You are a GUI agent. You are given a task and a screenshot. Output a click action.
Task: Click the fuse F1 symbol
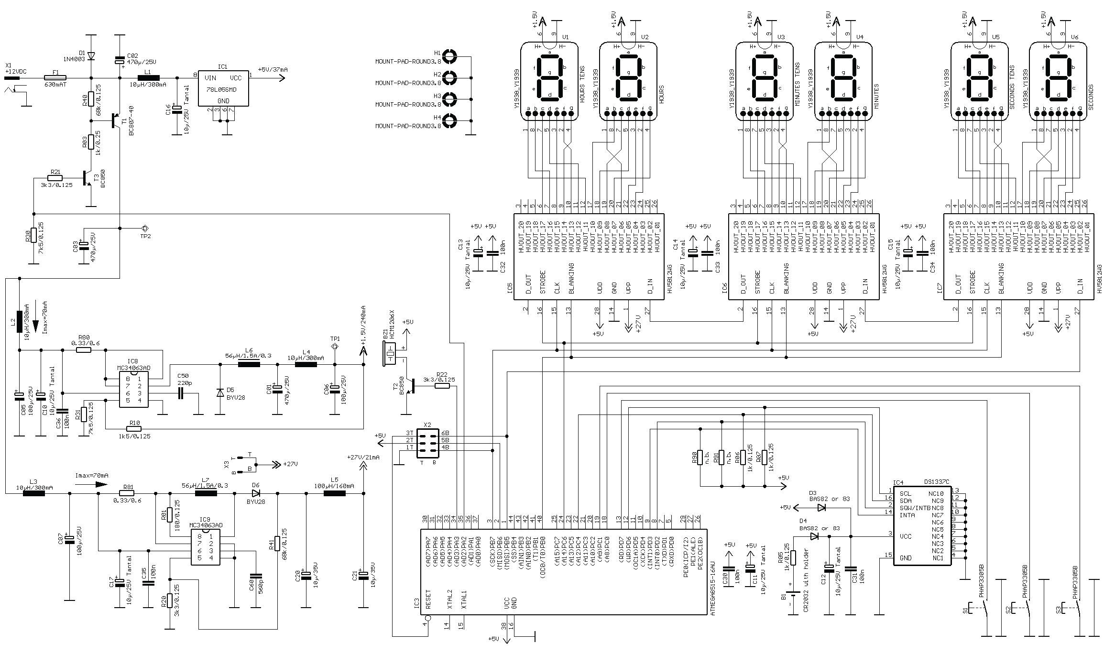[55, 77]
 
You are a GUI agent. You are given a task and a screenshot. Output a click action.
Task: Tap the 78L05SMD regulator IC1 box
[223, 89]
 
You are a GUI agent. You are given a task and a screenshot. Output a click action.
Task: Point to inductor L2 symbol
[20, 321]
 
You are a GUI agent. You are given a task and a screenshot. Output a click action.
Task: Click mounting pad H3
[449, 99]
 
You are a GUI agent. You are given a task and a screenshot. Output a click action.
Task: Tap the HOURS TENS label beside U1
[582, 84]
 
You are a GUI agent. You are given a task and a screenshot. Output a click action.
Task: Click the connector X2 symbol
[427, 440]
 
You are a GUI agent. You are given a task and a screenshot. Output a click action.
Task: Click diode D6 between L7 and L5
[256, 493]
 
